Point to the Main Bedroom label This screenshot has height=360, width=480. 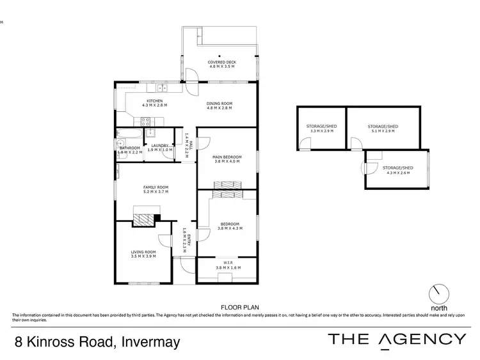[x=227, y=158]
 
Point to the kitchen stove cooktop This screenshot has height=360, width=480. [x=145, y=120]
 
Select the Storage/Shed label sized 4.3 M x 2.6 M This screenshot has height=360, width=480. [x=397, y=170]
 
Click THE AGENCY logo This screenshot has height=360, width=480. [x=397, y=340]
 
